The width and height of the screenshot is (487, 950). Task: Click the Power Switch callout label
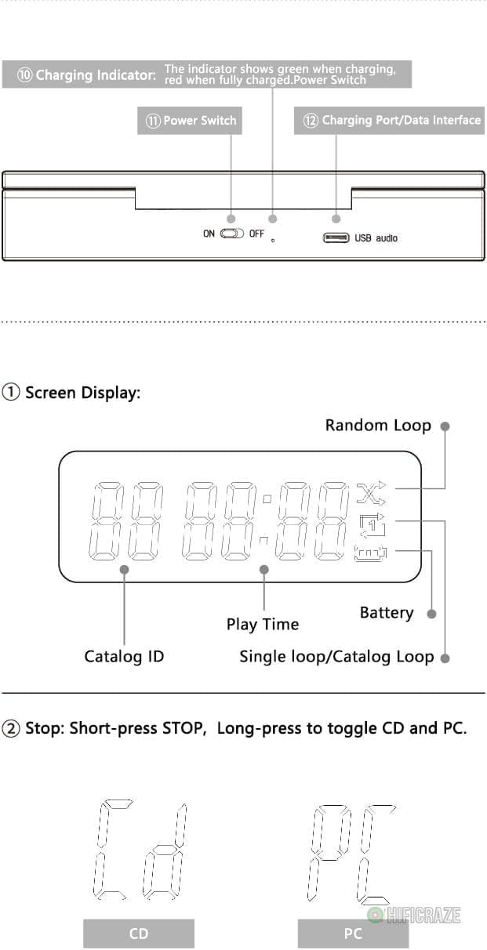pyautogui.click(x=189, y=121)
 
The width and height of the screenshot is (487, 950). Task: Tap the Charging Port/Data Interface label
pyautogui.click(x=391, y=120)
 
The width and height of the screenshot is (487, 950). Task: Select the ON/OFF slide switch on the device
pyautogui.click(x=233, y=234)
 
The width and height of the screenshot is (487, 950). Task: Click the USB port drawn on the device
pyautogui.click(x=336, y=237)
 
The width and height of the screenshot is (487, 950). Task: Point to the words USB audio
pyautogui.click(x=376, y=237)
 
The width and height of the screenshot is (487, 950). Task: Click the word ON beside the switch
pyautogui.click(x=209, y=234)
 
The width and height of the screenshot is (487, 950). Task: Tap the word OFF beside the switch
pyautogui.click(x=256, y=234)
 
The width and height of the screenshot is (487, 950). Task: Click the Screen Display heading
pyautogui.click(x=72, y=392)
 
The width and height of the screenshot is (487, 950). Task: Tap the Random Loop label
pyautogui.click(x=378, y=425)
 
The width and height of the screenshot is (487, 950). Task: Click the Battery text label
pyautogui.click(x=386, y=612)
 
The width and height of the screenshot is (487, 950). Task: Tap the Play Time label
pyautogui.click(x=263, y=624)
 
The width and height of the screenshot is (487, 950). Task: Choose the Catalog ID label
pyautogui.click(x=124, y=656)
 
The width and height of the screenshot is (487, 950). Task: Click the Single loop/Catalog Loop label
pyautogui.click(x=336, y=656)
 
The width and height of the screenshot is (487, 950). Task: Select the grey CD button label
pyautogui.click(x=139, y=933)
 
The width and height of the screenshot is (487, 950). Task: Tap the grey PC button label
pyautogui.click(x=353, y=933)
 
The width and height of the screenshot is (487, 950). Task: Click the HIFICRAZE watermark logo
pyautogui.click(x=415, y=915)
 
